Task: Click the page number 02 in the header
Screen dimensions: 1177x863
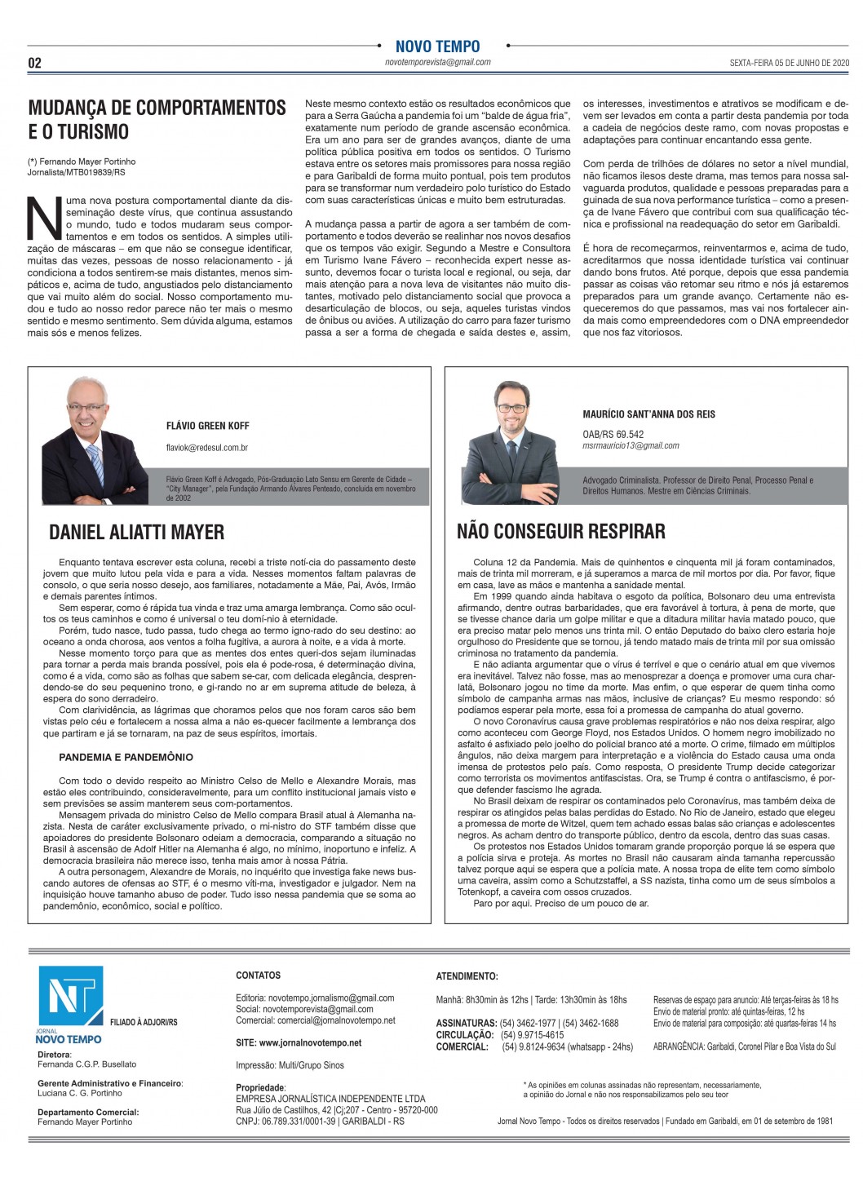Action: pos(35,63)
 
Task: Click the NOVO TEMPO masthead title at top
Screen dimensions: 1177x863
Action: pos(437,46)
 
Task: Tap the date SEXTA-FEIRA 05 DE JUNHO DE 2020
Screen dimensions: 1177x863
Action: pos(790,63)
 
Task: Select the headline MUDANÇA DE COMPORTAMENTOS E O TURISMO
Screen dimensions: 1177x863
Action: pos(157,119)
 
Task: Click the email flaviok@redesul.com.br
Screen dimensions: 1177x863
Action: pos(206,448)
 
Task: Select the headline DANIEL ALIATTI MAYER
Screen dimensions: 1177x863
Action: pos(136,533)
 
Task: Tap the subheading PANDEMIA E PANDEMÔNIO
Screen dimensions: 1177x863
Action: pos(126,757)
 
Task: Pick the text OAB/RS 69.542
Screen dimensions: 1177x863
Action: pos(613,434)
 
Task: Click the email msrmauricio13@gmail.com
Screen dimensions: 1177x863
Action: pos(631,445)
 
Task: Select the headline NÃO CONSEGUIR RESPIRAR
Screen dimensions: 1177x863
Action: pos(560,532)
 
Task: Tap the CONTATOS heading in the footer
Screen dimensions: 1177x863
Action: pos(258,976)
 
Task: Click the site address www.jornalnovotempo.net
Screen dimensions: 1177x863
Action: pos(298,1042)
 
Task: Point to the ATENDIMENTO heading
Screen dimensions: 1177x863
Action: pos(467,976)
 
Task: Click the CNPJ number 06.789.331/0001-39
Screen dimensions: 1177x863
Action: pos(297,1121)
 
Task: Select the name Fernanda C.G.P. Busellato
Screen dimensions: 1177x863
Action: pos(86,1064)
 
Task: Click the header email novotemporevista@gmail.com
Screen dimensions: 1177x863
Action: pos(437,62)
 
